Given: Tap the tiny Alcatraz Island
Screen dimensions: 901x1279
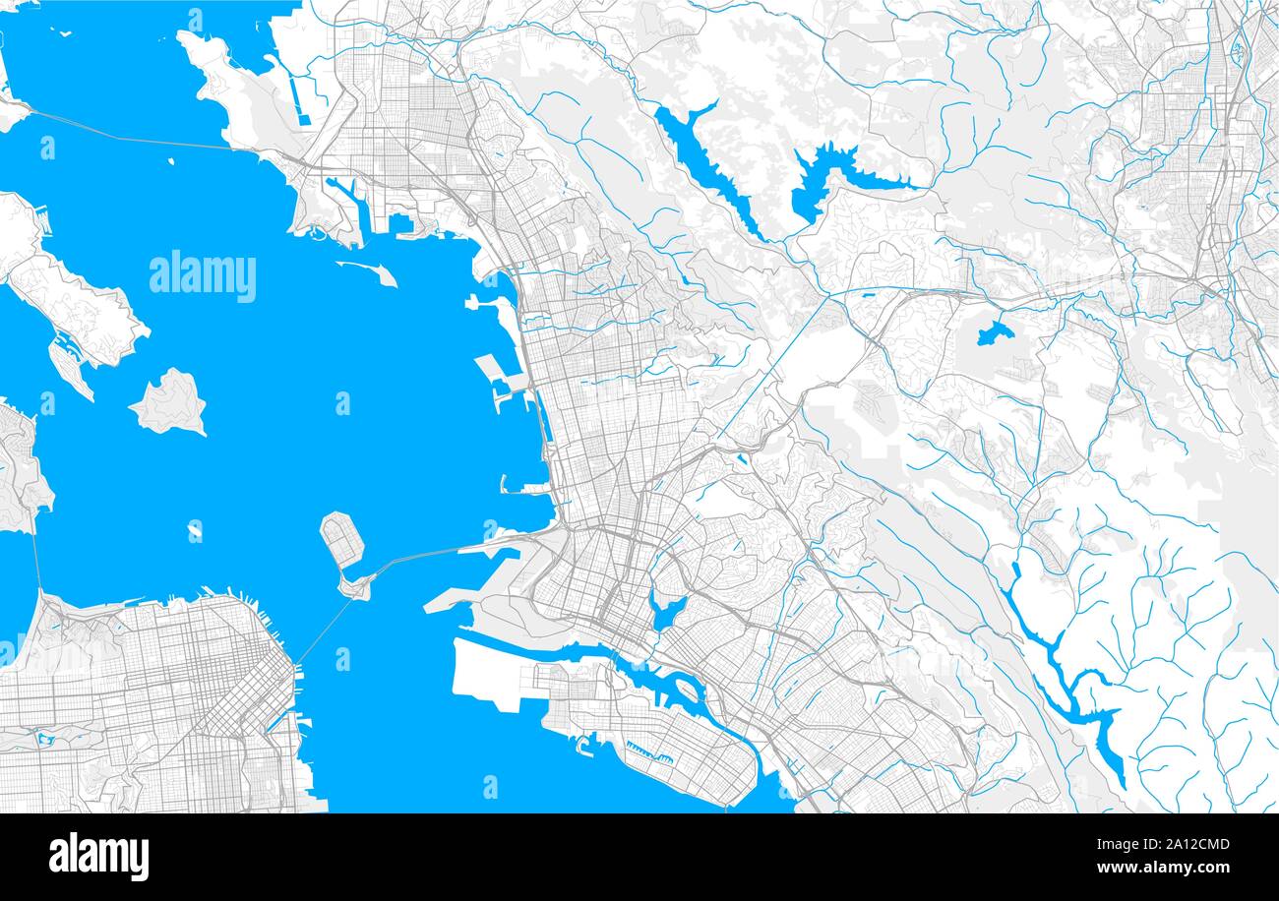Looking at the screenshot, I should (x=195, y=532).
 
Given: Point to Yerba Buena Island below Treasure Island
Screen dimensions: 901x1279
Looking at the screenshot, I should (x=354, y=587).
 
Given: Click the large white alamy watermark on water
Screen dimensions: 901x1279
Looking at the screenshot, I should (x=203, y=276).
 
